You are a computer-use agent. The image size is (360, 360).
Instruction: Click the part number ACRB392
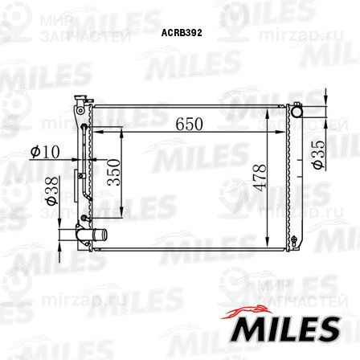pos(182,33)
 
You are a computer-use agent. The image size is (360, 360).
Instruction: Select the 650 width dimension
pos(189,124)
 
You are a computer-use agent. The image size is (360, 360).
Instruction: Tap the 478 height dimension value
pos(260,178)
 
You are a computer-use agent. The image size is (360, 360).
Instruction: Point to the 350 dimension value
pos(113,172)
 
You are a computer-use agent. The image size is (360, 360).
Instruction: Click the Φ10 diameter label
pos(45,152)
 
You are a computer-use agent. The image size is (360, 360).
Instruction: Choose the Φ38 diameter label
pos(52,190)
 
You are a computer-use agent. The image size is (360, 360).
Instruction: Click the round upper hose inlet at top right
pos(297,112)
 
